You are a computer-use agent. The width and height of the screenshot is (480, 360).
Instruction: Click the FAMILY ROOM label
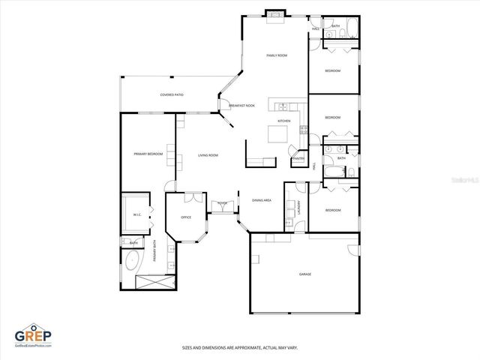277,56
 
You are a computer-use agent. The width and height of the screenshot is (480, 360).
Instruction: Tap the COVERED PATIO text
172,95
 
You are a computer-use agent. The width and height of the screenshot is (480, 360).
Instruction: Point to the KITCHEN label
284,121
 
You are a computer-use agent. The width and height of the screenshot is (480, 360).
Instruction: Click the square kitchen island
279,135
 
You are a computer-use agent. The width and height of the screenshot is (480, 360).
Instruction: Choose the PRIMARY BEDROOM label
148,154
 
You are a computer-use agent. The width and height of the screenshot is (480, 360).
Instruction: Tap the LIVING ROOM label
208,155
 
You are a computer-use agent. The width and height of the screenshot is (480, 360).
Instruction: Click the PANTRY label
298,159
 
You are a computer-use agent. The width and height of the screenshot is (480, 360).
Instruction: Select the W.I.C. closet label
137,214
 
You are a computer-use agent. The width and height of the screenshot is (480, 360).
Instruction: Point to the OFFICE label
185,217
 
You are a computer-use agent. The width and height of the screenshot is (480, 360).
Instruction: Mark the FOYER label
222,203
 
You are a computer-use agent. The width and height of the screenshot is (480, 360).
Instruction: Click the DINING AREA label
262,200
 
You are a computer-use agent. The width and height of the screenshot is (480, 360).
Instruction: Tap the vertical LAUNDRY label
299,208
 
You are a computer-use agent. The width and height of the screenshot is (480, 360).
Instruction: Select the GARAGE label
305,274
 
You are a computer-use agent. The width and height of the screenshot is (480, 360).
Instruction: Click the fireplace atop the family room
275,14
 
